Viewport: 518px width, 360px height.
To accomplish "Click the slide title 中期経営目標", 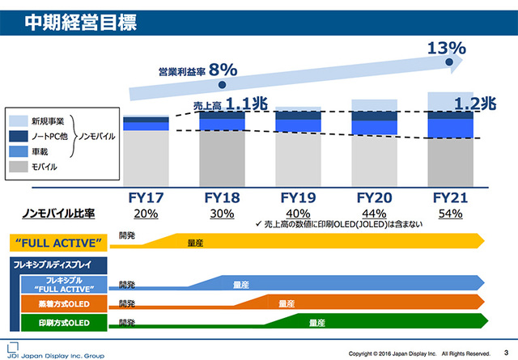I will click(x=70, y=18).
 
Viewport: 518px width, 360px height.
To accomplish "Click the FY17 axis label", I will click(x=146, y=197).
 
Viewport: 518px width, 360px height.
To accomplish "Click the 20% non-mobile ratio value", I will click(x=146, y=214).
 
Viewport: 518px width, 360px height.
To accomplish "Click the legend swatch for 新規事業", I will click(x=19, y=121).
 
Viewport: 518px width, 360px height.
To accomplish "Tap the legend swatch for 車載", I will click(x=19, y=150).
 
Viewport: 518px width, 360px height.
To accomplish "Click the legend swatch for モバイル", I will click(x=19, y=166).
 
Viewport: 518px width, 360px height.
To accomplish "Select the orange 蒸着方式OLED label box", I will click(x=66, y=303).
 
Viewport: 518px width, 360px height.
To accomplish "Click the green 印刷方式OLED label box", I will click(x=66, y=323).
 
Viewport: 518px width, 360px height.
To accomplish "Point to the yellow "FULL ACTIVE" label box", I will click(x=57, y=242).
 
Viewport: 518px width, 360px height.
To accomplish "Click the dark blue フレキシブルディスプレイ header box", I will click(x=57, y=265).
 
